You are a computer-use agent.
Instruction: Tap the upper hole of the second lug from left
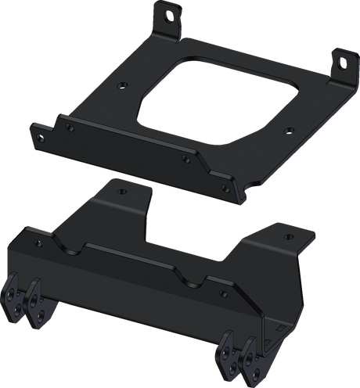coord(34,296)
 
